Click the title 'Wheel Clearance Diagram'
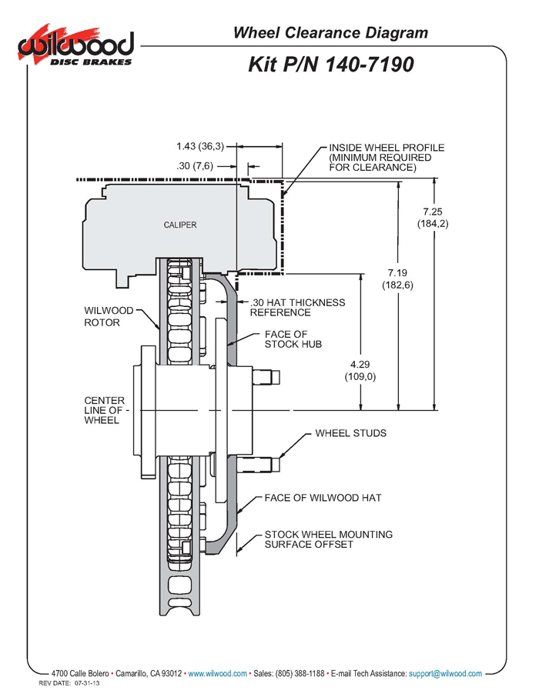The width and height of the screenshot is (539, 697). point(330,33)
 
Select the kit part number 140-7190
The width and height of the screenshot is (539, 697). point(370,65)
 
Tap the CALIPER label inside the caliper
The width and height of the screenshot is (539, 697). point(180,225)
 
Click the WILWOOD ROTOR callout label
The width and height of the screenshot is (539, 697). point(109,316)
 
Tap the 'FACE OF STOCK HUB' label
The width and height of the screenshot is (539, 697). point(293,339)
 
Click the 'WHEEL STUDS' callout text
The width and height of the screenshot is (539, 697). point(350,433)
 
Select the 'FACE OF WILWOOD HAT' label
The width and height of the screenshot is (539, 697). point(323,498)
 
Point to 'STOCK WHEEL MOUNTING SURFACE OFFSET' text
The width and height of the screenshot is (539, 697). point(329,539)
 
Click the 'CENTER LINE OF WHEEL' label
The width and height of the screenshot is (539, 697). point(105,410)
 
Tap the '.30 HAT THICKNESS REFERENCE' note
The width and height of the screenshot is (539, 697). point(297,308)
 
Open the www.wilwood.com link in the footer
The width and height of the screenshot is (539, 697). point(217,674)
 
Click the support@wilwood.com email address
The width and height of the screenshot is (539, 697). point(445,674)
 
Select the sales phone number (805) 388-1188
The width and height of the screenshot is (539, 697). point(300,674)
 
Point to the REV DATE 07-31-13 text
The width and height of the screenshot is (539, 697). point(69,683)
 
